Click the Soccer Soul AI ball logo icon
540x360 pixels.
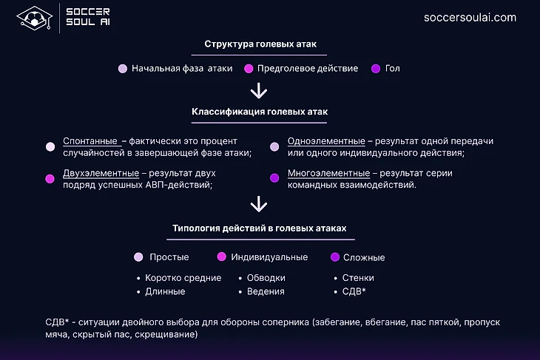click(x=35, y=18)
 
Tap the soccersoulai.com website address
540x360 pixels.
click(x=470, y=18)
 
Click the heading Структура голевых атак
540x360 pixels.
click(x=260, y=44)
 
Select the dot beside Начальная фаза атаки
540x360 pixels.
click(x=123, y=69)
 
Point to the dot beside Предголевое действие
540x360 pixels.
click(x=249, y=69)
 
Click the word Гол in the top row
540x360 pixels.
click(x=392, y=69)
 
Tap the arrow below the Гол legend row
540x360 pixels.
click(x=259, y=91)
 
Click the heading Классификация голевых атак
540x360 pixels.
click(x=260, y=112)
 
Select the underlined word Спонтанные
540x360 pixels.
click(x=90, y=141)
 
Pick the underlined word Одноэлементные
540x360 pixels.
click(x=326, y=141)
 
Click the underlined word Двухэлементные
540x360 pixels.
click(x=101, y=173)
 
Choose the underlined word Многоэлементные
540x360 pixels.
click(x=329, y=173)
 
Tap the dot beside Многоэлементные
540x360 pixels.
click(x=274, y=178)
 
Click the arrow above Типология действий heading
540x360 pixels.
click(x=259, y=204)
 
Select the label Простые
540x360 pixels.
click(x=169, y=257)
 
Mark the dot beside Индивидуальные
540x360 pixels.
click(x=222, y=257)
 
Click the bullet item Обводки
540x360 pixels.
click(x=266, y=278)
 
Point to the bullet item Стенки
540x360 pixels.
click(x=358, y=278)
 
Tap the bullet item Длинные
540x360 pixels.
click(x=165, y=291)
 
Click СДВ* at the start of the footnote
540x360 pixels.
click(x=57, y=322)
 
